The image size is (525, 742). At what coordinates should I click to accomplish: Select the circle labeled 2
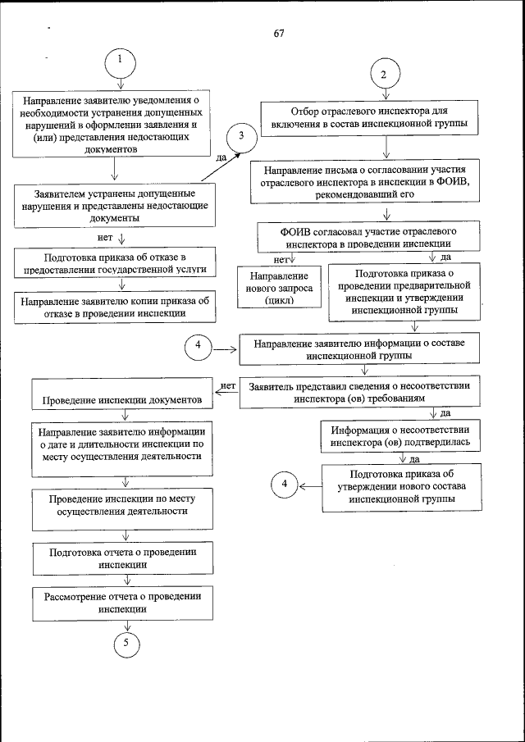point(383,73)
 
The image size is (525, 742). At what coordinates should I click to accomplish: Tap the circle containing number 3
point(241,139)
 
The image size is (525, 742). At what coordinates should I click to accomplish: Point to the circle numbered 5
point(126,643)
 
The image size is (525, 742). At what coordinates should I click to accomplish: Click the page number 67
point(279,33)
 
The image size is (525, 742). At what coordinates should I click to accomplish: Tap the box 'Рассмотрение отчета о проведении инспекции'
point(123,603)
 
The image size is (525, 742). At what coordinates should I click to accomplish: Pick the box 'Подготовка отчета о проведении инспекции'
point(123,558)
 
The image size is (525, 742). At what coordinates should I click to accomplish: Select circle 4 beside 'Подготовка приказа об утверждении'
point(284,485)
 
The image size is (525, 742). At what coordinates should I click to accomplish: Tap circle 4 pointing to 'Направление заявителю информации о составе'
point(198,348)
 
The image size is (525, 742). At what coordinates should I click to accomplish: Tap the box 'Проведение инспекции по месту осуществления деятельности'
point(123,504)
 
